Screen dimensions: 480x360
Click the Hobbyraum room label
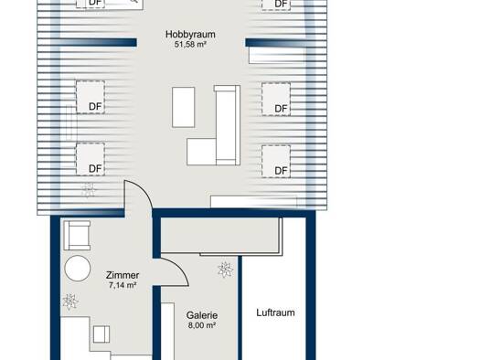point(190,34)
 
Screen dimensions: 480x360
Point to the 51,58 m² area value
point(190,45)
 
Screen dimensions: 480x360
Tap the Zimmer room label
point(123,275)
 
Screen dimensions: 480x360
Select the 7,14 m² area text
point(123,285)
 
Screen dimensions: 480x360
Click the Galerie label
point(202,315)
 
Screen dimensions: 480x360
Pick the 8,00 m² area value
point(202,325)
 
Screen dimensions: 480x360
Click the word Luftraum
point(275,312)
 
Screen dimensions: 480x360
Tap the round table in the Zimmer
point(78,268)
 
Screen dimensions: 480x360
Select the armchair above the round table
point(77,235)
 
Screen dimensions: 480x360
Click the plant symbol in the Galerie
point(225,270)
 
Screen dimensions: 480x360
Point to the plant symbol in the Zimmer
point(70,302)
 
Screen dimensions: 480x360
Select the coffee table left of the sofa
point(184,107)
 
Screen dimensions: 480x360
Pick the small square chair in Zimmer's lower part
point(101,334)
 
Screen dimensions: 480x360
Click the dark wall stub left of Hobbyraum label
point(95,43)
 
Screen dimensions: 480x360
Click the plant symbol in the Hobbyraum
point(88,190)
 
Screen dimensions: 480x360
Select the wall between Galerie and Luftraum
point(240,308)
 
